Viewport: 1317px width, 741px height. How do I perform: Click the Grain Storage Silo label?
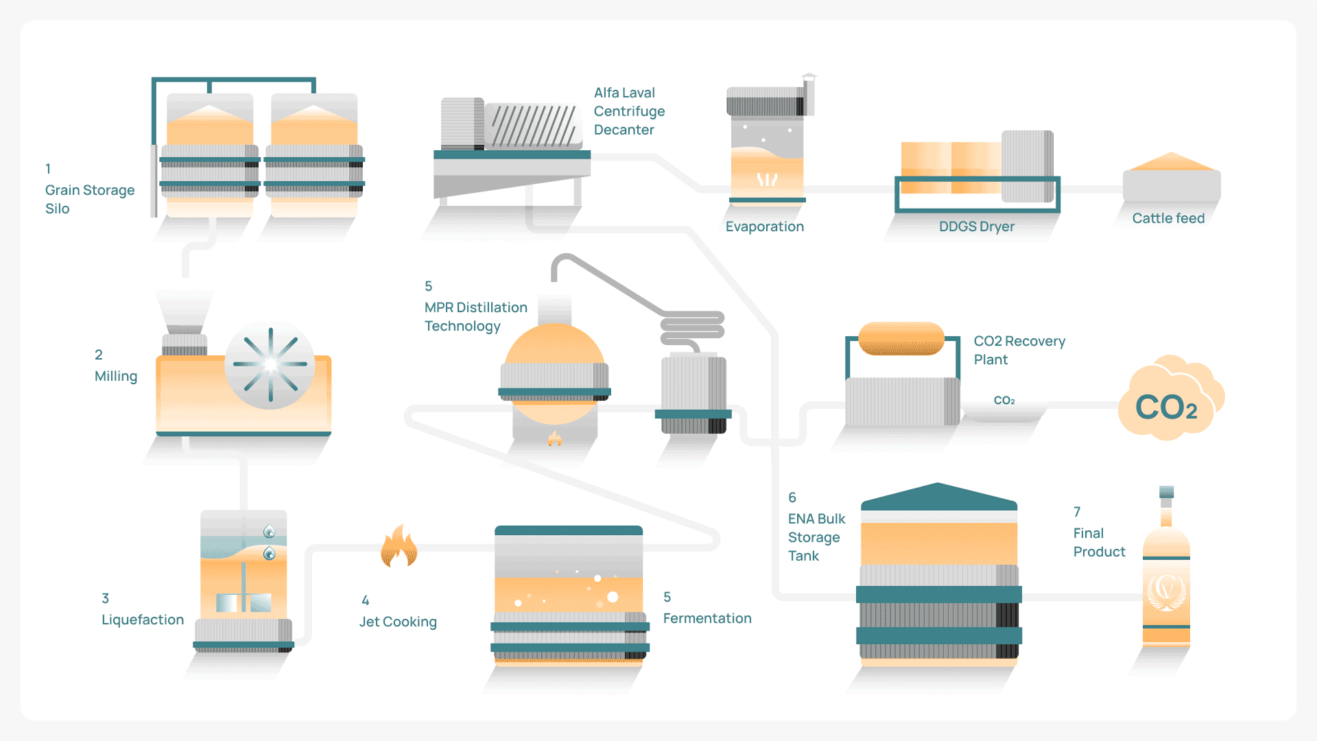(x=89, y=199)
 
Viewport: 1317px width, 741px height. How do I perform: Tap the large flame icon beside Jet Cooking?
(x=399, y=548)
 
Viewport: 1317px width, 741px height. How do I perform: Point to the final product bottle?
(x=1166, y=576)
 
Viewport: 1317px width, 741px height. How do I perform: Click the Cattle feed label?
(x=1168, y=218)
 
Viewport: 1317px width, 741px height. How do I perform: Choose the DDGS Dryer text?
(x=976, y=226)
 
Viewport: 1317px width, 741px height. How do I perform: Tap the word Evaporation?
(x=764, y=226)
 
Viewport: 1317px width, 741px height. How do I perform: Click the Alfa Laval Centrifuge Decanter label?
(x=628, y=111)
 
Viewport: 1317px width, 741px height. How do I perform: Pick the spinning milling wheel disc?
(x=270, y=364)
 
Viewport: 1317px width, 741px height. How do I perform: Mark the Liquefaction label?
(x=143, y=620)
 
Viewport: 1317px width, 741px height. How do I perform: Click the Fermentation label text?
(x=707, y=618)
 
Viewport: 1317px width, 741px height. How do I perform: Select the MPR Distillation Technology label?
(x=475, y=316)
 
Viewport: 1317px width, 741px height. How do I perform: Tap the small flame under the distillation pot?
(x=555, y=438)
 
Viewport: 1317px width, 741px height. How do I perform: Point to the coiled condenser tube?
(x=692, y=327)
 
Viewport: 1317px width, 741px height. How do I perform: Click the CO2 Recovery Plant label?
(x=1019, y=350)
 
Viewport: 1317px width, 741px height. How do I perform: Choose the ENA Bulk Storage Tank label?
(x=816, y=537)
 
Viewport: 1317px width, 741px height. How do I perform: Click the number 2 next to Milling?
(x=99, y=355)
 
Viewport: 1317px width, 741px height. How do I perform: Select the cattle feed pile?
(x=1171, y=163)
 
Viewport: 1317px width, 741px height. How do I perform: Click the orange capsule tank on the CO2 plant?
(x=901, y=338)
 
